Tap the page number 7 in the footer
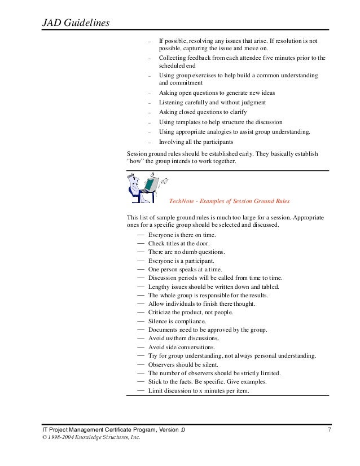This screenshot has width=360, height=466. tap(329, 430)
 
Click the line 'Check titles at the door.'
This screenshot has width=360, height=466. tap(180, 243)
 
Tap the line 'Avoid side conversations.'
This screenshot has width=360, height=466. tap(182, 347)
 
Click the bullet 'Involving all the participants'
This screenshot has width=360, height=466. tap(196, 142)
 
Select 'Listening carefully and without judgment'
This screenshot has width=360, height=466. tap(212, 103)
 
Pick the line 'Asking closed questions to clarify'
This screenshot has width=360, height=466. tap(204, 112)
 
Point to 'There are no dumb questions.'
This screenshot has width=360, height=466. tap(186, 252)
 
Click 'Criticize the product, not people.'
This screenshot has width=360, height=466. tap(191, 313)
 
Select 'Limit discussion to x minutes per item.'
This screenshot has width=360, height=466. tap(199, 391)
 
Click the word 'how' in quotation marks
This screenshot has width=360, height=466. tap(135, 162)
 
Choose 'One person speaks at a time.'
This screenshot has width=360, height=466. tap(185, 269)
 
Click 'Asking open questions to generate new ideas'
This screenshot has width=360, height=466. tap(217, 93)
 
